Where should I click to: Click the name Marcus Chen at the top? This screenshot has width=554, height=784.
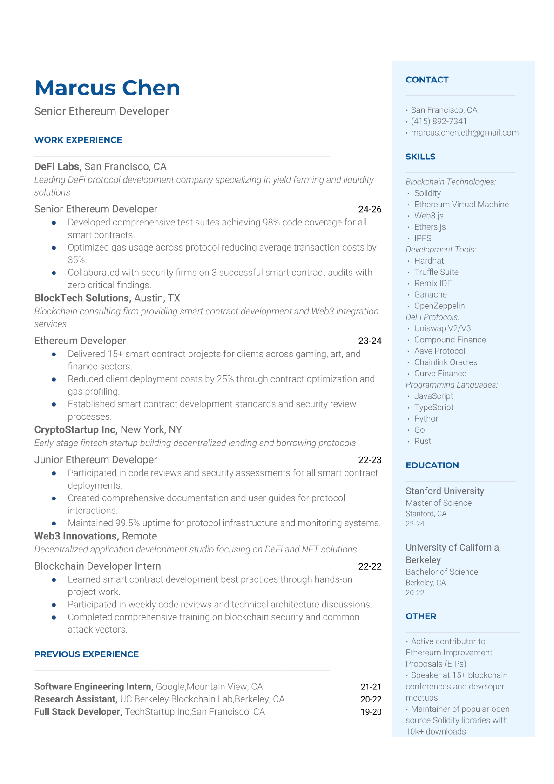[x=107, y=88]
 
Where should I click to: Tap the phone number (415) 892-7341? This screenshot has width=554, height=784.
[x=439, y=121]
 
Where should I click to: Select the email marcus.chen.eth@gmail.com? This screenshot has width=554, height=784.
[x=465, y=132]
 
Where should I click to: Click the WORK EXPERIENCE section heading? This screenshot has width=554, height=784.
[x=78, y=140]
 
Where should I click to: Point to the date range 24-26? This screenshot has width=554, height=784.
[x=370, y=210]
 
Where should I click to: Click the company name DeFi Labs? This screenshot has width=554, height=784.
[x=57, y=166]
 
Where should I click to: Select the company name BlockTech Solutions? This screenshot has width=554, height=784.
[x=82, y=298]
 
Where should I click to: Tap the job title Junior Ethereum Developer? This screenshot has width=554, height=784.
[x=95, y=460]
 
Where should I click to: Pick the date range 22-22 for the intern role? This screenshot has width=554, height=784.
[x=370, y=566]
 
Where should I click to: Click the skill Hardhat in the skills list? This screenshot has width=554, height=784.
[x=429, y=261]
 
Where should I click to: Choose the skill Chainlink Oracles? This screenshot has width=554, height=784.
[x=446, y=362]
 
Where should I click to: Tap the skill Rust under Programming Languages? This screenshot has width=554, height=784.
[x=422, y=441]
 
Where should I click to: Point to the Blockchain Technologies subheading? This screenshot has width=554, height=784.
[x=450, y=182]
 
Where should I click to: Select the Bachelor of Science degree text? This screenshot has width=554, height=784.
[x=441, y=572]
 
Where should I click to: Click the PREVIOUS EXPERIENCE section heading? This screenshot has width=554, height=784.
[x=87, y=654]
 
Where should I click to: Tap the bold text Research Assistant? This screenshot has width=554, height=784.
[x=75, y=699]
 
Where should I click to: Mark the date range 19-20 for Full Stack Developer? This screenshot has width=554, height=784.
[x=371, y=712]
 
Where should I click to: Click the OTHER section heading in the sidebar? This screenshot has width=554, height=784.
[x=421, y=616]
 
